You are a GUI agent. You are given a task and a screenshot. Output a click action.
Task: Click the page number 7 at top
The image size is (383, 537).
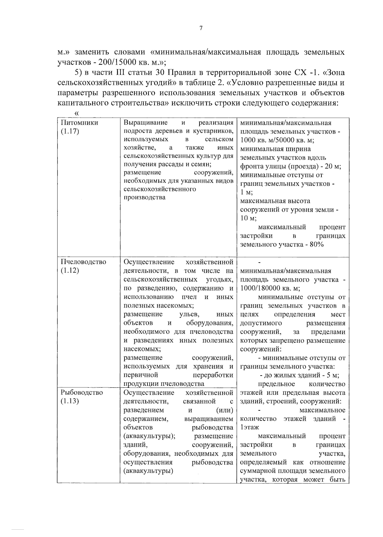[201, 28]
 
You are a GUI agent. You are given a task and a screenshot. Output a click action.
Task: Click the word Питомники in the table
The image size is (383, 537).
[79, 123]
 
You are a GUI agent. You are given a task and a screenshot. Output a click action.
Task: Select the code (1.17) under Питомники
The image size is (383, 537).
[70, 131]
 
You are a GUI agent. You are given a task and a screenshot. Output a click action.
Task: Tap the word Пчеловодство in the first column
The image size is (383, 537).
[83, 262]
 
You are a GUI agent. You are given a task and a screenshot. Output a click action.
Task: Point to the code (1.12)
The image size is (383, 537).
[70, 271]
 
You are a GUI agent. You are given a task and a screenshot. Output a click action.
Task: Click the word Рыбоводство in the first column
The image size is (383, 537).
[82, 393]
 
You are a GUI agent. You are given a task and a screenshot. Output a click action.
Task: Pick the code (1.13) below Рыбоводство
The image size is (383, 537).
[70, 401]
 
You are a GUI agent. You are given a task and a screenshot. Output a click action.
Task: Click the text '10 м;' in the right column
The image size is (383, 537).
[249, 219]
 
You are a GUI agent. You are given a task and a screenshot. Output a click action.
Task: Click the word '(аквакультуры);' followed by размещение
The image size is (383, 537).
[149, 436]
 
